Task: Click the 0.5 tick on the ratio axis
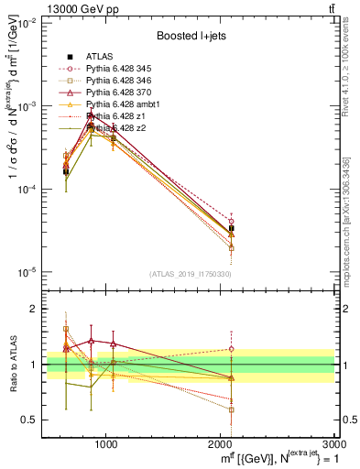point(34,420)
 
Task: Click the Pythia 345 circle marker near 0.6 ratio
point(232,409)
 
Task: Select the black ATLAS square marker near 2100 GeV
point(232,228)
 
